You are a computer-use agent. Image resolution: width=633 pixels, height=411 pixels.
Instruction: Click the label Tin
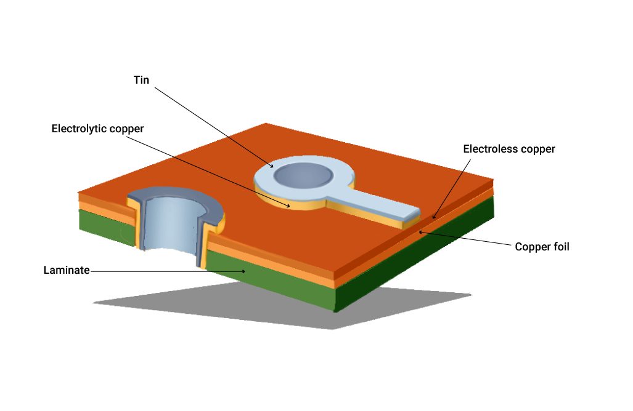tap(141, 81)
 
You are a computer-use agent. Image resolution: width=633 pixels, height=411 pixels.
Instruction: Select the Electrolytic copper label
tap(97, 129)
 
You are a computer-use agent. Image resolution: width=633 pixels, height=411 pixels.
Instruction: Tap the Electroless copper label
tap(508, 149)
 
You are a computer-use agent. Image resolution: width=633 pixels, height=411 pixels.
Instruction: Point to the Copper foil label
tap(542, 247)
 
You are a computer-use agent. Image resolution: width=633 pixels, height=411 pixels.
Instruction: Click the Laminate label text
tap(67, 270)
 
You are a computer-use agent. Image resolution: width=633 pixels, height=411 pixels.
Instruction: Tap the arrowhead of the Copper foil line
tap(420, 231)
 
